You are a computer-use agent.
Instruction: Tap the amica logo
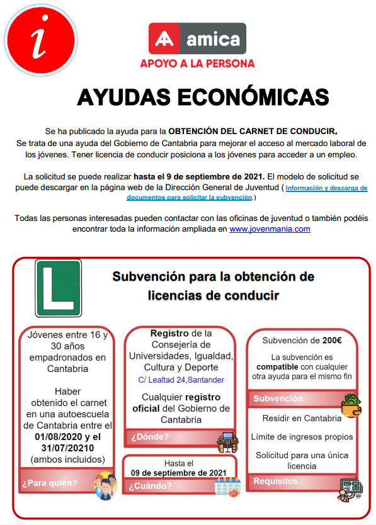coord(197,38)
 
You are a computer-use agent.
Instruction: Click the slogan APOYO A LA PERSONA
coord(197,64)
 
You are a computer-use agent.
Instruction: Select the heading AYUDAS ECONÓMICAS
coord(203,97)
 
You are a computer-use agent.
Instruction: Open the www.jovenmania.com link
coord(270,229)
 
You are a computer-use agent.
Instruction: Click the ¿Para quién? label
coord(50,483)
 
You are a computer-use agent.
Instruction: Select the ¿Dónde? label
coord(150,437)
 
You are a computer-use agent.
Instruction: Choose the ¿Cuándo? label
coord(152,485)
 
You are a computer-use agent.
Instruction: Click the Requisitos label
coord(276,481)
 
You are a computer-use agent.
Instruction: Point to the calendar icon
coord(227,487)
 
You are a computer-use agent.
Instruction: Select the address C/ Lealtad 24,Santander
coord(181,380)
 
